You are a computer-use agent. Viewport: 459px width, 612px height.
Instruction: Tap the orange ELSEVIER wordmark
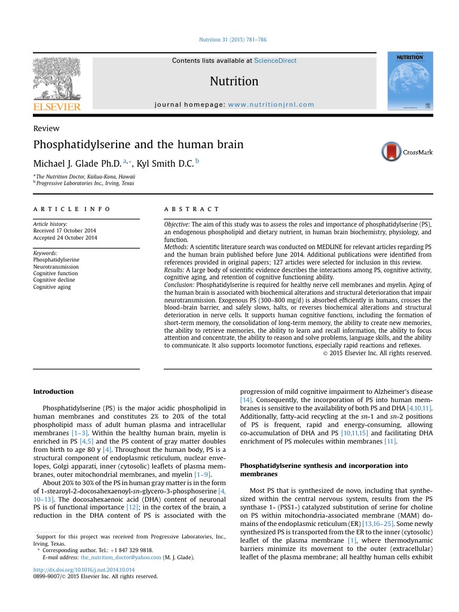[x=56, y=107]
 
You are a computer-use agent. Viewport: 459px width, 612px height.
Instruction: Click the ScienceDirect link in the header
[x=275, y=60]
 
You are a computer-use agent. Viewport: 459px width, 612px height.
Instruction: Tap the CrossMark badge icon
[x=392, y=152]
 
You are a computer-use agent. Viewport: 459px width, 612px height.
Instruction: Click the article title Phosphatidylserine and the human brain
[x=138, y=144]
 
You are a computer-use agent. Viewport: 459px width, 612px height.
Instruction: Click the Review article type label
[x=46, y=128]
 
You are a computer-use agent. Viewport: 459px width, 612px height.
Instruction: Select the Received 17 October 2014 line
[x=65, y=231]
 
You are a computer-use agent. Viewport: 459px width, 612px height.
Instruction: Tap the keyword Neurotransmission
[x=56, y=267]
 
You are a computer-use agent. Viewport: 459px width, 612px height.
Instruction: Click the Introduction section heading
[x=53, y=391]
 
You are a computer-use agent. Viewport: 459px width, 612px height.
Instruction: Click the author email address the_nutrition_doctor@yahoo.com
[x=121, y=557]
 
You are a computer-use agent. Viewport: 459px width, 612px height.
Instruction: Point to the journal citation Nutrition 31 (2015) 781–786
[x=232, y=39]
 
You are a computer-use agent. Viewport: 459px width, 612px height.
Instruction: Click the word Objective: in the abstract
[x=177, y=224]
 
